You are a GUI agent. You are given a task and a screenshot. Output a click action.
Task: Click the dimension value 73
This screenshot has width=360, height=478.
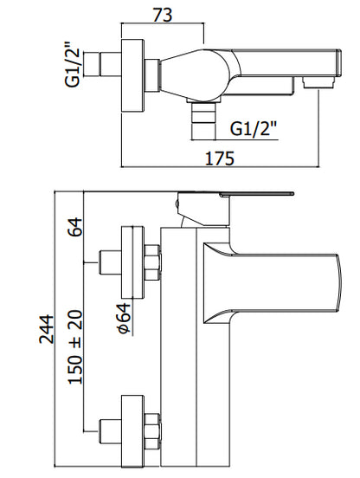[x=163, y=15]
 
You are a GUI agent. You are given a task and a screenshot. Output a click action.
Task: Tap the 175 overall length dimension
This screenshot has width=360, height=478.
[x=220, y=158]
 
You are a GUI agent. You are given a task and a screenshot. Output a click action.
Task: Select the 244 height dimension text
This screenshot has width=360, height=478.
[x=46, y=330]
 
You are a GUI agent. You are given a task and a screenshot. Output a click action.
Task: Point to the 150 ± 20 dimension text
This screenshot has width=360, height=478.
[x=75, y=347]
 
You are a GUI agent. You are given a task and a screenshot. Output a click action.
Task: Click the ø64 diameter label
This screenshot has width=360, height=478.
[x=125, y=318]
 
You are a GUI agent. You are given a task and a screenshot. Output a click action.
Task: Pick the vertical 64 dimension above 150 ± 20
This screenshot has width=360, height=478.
[x=75, y=227]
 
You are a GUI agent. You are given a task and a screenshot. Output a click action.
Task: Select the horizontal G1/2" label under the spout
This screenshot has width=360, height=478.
[x=254, y=129]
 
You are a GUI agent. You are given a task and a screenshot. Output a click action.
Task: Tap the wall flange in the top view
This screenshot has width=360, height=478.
[x=132, y=76]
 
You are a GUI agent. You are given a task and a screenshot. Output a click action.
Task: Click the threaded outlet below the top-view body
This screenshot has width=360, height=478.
[x=202, y=120]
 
